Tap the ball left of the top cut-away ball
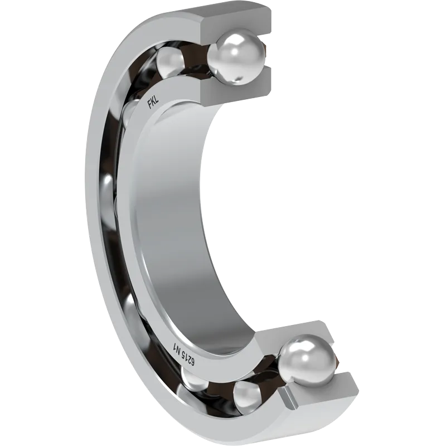click(x=170, y=61)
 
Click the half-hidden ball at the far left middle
click(x=108, y=193)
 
